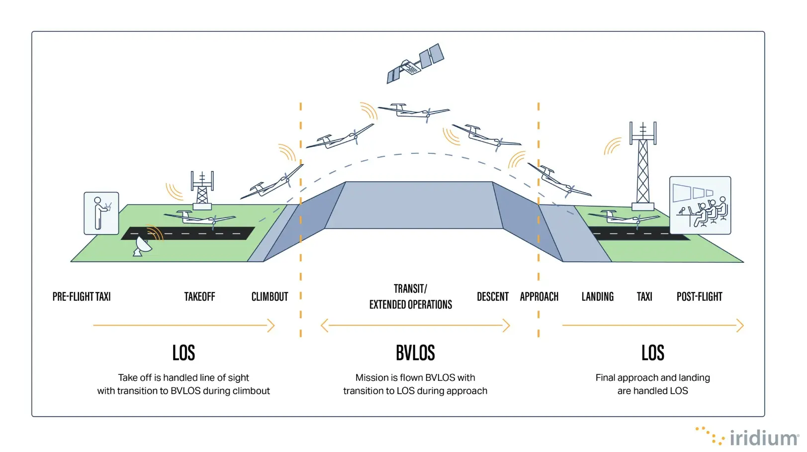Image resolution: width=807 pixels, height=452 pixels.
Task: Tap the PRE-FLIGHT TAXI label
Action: point(82,297)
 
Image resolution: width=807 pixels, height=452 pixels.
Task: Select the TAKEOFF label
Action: point(199,297)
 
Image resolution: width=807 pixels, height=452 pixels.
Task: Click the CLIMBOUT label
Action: point(269,297)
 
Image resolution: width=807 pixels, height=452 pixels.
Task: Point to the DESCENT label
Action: point(492,297)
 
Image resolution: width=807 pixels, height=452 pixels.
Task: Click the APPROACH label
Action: point(539,297)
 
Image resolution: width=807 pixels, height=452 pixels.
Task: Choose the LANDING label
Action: point(597,297)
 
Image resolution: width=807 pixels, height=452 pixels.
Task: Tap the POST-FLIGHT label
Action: point(699,297)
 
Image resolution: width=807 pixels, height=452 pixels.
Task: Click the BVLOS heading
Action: point(415,352)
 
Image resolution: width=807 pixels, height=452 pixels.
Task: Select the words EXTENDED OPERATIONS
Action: point(410,305)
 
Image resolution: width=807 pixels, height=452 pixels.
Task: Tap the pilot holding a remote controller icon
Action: point(101,213)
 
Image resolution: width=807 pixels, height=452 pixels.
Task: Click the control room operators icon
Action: point(700,205)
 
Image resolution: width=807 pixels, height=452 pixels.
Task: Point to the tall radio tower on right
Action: point(643,167)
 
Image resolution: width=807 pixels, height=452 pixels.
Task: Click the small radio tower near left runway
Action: point(202,189)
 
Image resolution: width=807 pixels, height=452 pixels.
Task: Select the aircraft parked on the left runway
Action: point(199,218)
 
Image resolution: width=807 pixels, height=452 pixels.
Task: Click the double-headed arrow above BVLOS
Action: point(415,326)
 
